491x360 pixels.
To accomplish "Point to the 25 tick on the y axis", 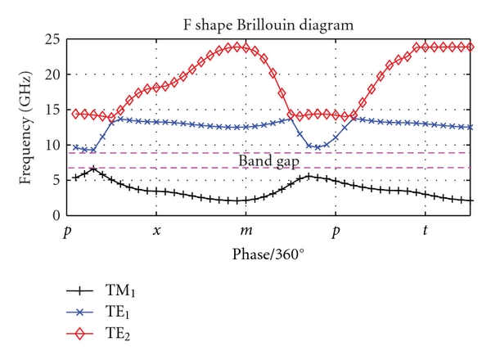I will tap(55, 40).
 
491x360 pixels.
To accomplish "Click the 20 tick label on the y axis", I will tap(55, 75).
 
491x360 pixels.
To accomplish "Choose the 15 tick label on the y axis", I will tap(55, 110).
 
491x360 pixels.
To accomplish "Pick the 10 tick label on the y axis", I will tap(55, 146).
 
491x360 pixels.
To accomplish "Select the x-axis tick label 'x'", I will tap(157, 231).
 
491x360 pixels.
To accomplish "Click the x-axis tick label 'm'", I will tap(245, 231).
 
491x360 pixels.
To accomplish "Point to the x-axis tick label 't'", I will tap(425, 231).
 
